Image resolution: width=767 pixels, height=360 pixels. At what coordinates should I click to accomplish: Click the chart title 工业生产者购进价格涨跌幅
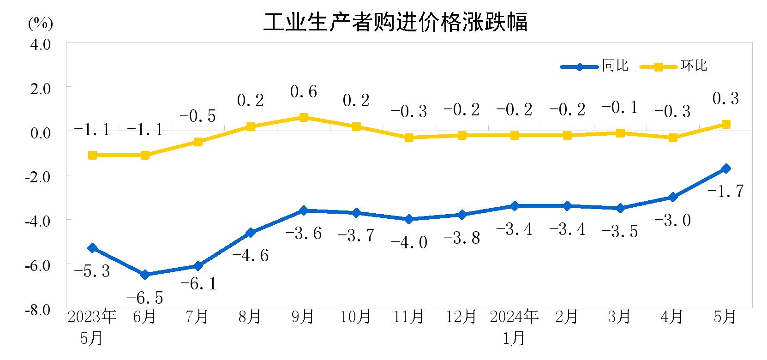395,23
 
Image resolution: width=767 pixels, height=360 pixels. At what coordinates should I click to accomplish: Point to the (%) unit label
41,24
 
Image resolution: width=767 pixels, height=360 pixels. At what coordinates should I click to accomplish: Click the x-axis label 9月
303,317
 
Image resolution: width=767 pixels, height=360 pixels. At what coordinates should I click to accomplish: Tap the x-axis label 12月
461,317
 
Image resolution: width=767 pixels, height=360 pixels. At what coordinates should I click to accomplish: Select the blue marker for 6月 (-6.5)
145,275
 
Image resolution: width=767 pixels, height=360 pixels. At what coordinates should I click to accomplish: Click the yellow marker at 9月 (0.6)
303,118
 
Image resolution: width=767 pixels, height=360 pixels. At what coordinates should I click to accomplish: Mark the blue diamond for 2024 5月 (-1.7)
725,168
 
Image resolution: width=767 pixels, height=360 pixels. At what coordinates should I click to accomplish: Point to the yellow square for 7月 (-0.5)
198,142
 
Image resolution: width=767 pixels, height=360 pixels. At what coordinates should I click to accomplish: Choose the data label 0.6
303,92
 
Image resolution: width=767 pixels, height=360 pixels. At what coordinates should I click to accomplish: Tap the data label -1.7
725,191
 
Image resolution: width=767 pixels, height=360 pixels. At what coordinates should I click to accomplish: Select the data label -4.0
409,242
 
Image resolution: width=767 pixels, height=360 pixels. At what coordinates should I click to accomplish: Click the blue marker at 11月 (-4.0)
409,219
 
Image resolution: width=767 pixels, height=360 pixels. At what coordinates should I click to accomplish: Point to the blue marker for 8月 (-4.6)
251,233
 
